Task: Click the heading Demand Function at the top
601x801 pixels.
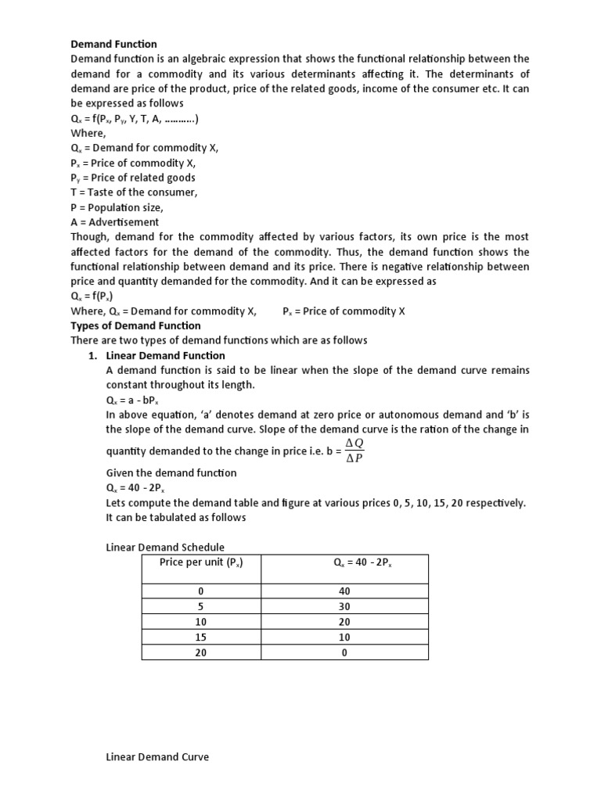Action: [x=113, y=44]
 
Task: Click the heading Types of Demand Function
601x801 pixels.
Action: [x=135, y=325]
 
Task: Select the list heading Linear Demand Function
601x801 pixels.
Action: [x=165, y=355]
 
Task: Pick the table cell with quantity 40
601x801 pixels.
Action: [x=344, y=592]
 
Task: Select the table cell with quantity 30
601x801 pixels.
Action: [x=344, y=607]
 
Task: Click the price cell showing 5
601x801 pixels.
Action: [x=200, y=607]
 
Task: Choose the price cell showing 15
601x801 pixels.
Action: [x=200, y=637]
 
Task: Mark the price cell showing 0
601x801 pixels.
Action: [x=200, y=592]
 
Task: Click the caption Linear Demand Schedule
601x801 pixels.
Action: [x=165, y=548]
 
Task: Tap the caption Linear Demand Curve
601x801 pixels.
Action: [x=157, y=757]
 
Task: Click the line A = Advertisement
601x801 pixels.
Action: [x=114, y=222]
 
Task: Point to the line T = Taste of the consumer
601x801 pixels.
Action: [x=134, y=192]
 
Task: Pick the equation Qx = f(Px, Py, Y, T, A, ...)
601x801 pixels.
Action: [x=135, y=119]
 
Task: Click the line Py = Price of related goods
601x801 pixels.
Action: [x=133, y=178]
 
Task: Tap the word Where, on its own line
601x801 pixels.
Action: [x=87, y=133]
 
